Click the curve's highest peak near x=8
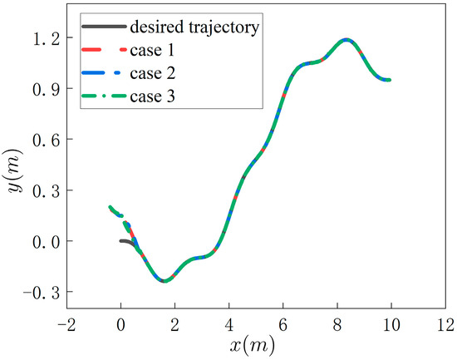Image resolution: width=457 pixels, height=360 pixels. point(346,39)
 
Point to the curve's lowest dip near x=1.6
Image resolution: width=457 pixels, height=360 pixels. point(165,281)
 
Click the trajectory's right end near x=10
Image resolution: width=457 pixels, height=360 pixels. point(388,81)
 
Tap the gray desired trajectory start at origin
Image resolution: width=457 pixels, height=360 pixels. point(122,241)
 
